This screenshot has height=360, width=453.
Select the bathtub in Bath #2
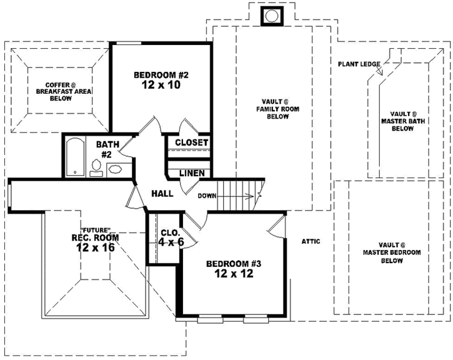point(74,157)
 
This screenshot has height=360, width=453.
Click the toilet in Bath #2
point(97,166)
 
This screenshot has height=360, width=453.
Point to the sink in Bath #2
point(116,168)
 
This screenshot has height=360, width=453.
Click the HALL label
point(162,194)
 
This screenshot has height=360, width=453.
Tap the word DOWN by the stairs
point(207,196)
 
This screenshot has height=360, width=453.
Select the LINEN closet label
point(191,173)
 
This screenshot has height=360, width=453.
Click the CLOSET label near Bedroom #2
point(191,142)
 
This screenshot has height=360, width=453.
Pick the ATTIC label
point(311,241)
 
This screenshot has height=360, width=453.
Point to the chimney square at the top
point(272,16)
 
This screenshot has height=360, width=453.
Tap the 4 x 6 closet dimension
point(171,242)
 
